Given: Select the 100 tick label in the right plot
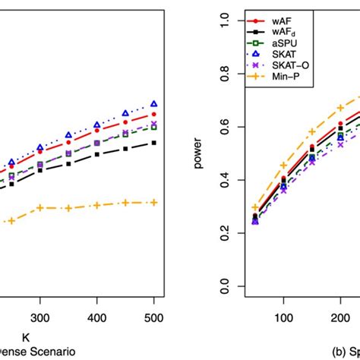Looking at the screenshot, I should point(283,321).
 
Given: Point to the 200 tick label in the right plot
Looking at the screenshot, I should point(340,321).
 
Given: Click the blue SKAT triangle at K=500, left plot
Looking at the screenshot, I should point(153,104).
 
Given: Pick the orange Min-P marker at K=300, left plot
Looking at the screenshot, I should point(40,207).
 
